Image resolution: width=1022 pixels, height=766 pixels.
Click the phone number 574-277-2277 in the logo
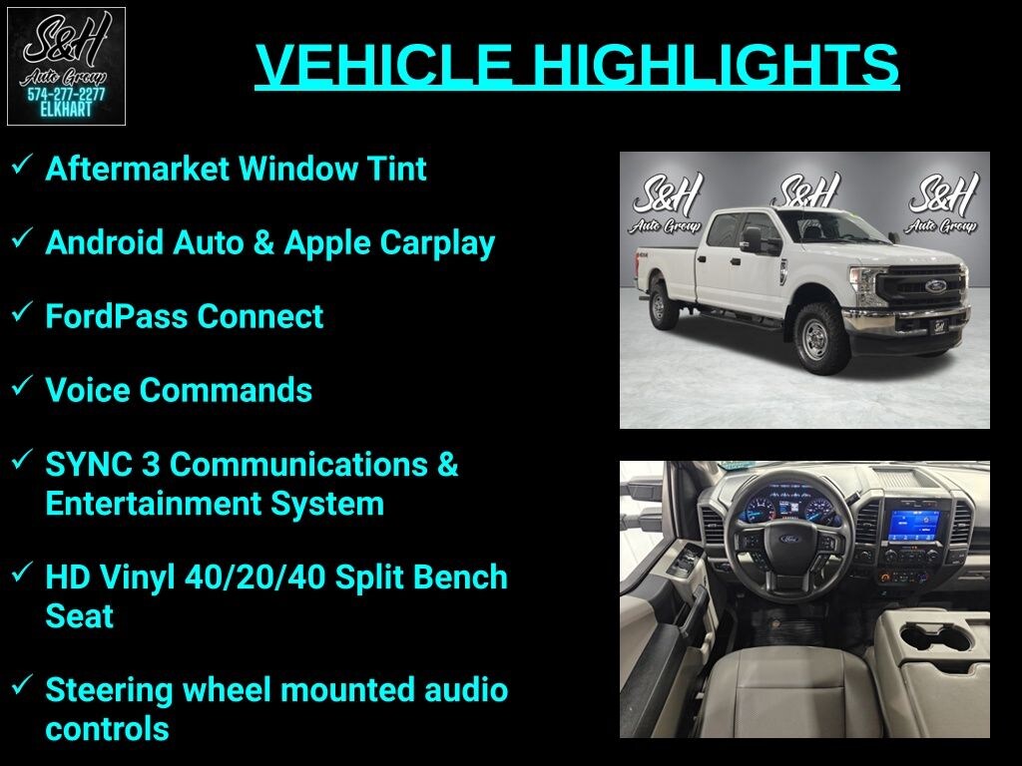pyautogui.click(x=66, y=95)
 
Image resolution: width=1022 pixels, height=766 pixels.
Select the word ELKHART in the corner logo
pyautogui.click(x=66, y=110)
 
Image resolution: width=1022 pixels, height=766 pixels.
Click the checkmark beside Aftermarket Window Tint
pyautogui.click(x=22, y=165)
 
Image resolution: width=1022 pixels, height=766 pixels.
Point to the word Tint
pyautogui.click(x=396, y=169)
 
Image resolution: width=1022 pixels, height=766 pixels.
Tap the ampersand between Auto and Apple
pyautogui.click(x=263, y=242)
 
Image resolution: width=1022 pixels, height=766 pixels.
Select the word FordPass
pyautogui.click(x=116, y=316)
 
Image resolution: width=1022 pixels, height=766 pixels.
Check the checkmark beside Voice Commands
pyautogui.click(x=22, y=386)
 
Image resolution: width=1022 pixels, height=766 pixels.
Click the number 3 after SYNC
pyautogui.click(x=151, y=465)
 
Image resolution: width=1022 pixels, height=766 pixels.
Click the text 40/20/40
pyautogui.click(x=255, y=577)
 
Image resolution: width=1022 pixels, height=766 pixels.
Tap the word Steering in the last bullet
pyautogui.click(x=109, y=691)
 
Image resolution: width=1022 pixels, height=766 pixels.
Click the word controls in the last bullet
pyautogui.click(x=107, y=729)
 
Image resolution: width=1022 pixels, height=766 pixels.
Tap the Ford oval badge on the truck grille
pyautogui.click(x=936, y=285)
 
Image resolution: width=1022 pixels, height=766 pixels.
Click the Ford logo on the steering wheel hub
pyautogui.click(x=790, y=539)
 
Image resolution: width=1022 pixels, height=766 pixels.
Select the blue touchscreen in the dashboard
pyautogui.click(x=914, y=526)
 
